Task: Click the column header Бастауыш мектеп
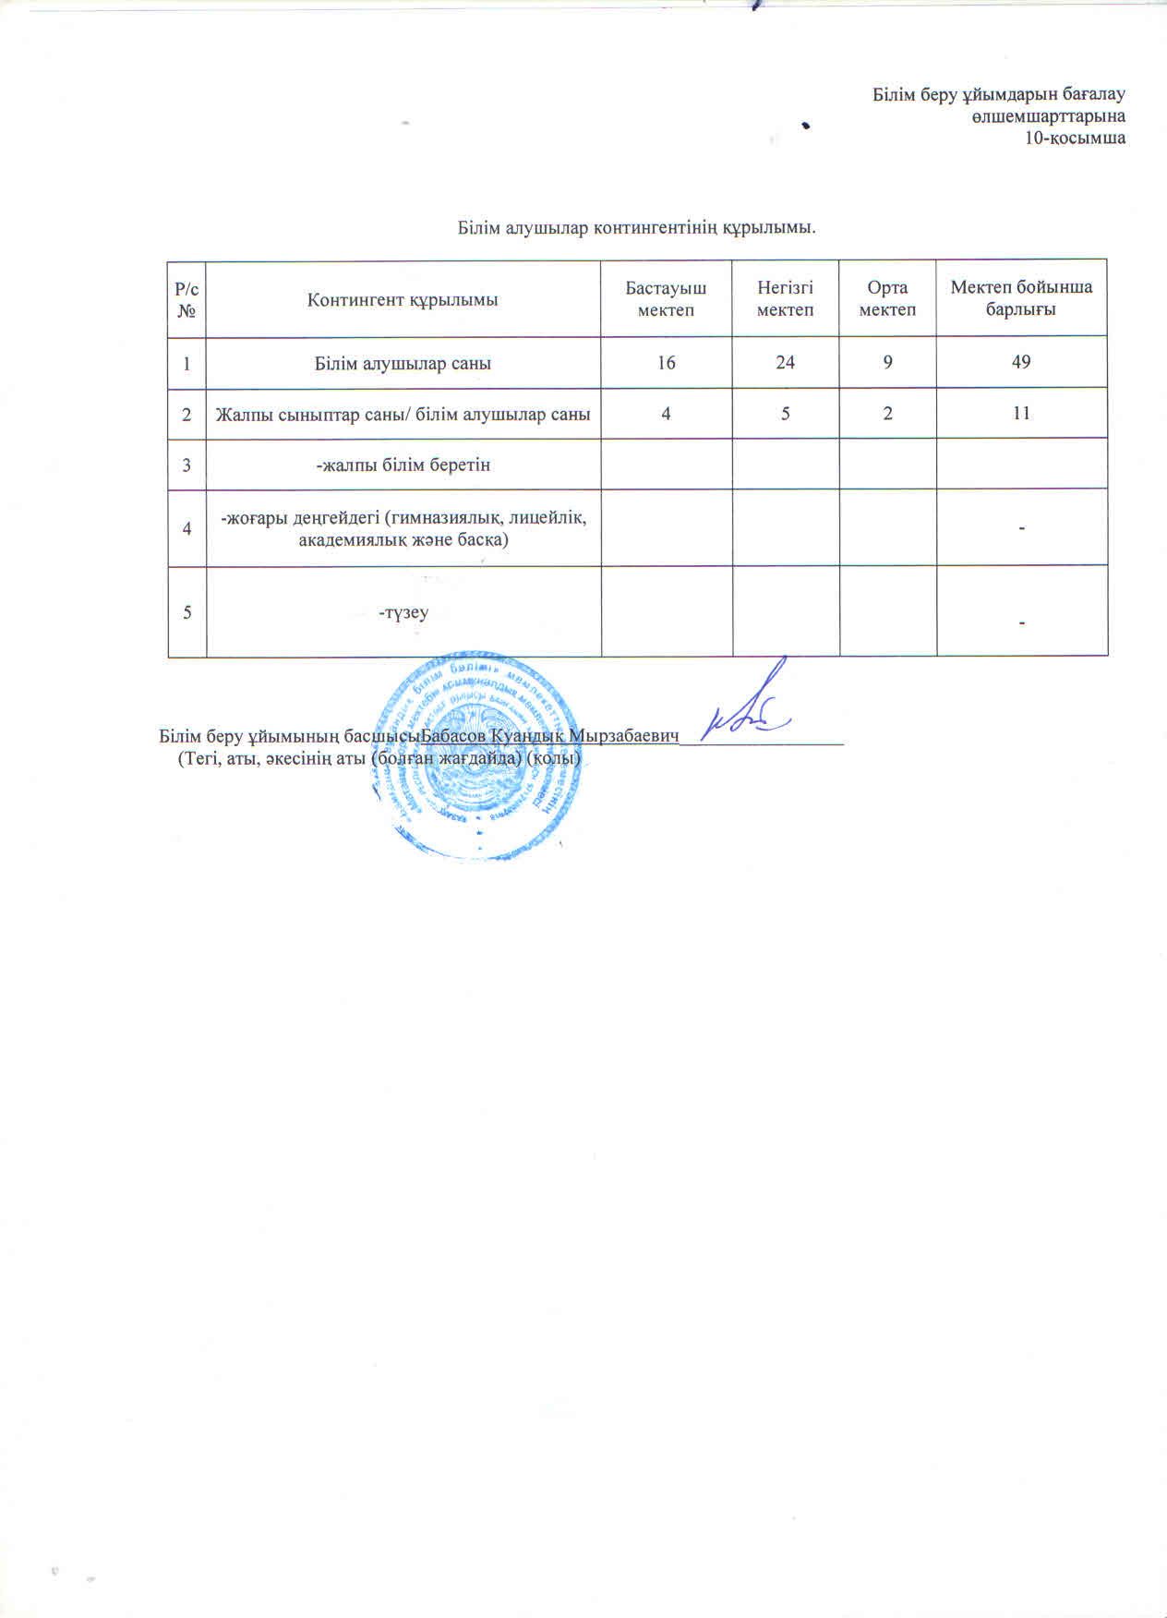click(x=666, y=298)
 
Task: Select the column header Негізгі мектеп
click(x=785, y=298)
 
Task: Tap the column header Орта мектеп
click(x=887, y=298)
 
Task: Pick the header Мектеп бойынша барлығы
click(x=1021, y=298)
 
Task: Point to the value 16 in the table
click(x=666, y=363)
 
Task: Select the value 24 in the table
click(x=785, y=363)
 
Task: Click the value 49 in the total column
click(x=1021, y=363)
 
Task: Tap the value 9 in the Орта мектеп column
click(x=887, y=363)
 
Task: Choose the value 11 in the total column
click(x=1021, y=414)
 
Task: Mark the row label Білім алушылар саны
click(x=403, y=364)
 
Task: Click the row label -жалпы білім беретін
click(x=403, y=465)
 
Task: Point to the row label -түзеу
click(x=403, y=612)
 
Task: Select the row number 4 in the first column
click(x=186, y=528)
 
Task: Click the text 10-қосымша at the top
click(x=1075, y=139)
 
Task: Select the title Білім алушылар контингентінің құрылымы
click(x=637, y=227)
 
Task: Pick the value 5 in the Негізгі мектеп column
click(x=785, y=414)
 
